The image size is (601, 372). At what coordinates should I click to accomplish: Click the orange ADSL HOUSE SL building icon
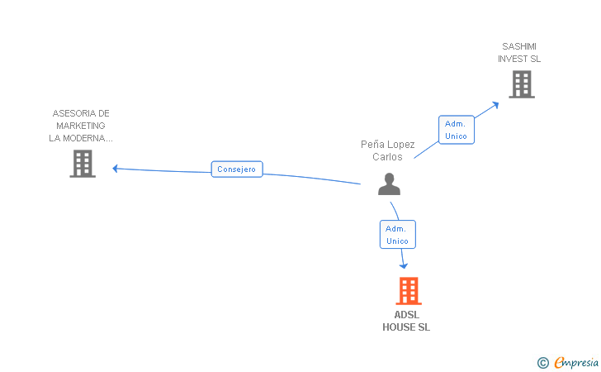(408, 291)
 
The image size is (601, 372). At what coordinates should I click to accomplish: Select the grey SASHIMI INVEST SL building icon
(521, 83)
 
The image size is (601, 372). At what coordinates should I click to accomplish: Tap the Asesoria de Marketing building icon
(83, 164)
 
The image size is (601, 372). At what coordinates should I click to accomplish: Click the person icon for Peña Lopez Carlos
(389, 184)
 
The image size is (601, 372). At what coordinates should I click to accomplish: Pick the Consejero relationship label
(237, 169)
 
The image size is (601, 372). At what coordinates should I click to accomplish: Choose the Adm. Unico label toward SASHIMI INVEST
(456, 130)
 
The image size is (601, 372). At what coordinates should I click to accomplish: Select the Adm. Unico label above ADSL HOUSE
(397, 235)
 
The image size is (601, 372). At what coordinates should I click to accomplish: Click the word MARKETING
(82, 126)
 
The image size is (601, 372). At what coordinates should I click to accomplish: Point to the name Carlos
(387, 157)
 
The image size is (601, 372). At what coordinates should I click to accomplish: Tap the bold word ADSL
(406, 315)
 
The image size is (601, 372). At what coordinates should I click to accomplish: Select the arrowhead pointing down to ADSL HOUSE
(404, 265)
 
